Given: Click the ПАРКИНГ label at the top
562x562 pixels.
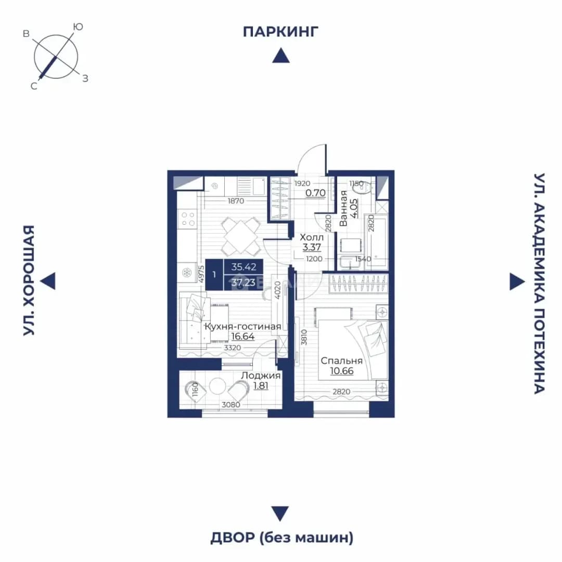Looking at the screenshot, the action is pyautogui.click(x=280, y=32).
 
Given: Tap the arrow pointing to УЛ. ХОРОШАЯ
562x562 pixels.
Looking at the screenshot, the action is pyautogui.click(x=48, y=280).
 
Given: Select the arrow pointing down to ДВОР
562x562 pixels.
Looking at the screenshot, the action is pyautogui.click(x=280, y=514).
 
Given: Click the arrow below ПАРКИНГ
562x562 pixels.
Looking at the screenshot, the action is pyautogui.click(x=281, y=56).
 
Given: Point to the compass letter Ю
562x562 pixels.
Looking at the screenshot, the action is pyautogui.click(x=78, y=27).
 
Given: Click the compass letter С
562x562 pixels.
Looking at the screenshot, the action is pyautogui.click(x=34, y=86).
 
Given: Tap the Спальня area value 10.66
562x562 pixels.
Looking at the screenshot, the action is pyautogui.click(x=341, y=371).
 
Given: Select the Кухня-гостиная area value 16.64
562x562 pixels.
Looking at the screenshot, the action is pyautogui.click(x=242, y=337).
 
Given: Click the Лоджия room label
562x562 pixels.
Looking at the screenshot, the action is pyautogui.click(x=261, y=376).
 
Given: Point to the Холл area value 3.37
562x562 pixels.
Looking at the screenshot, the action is pyautogui.click(x=312, y=247).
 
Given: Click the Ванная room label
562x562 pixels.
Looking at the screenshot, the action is pyautogui.click(x=343, y=208).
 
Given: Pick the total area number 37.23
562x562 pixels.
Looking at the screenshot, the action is pyautogui.click(x=244, y=283).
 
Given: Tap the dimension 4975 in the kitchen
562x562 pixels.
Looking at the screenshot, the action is pyautogui.click(x=201, y=275).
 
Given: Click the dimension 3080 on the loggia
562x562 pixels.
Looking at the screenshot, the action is pyautogui.click(x=231, y=405).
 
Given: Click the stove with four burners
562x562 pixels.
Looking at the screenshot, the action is pyautogui.click(x=188, y=219).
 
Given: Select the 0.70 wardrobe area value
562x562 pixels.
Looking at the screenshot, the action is pyautogui.click(x=315, y=193).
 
